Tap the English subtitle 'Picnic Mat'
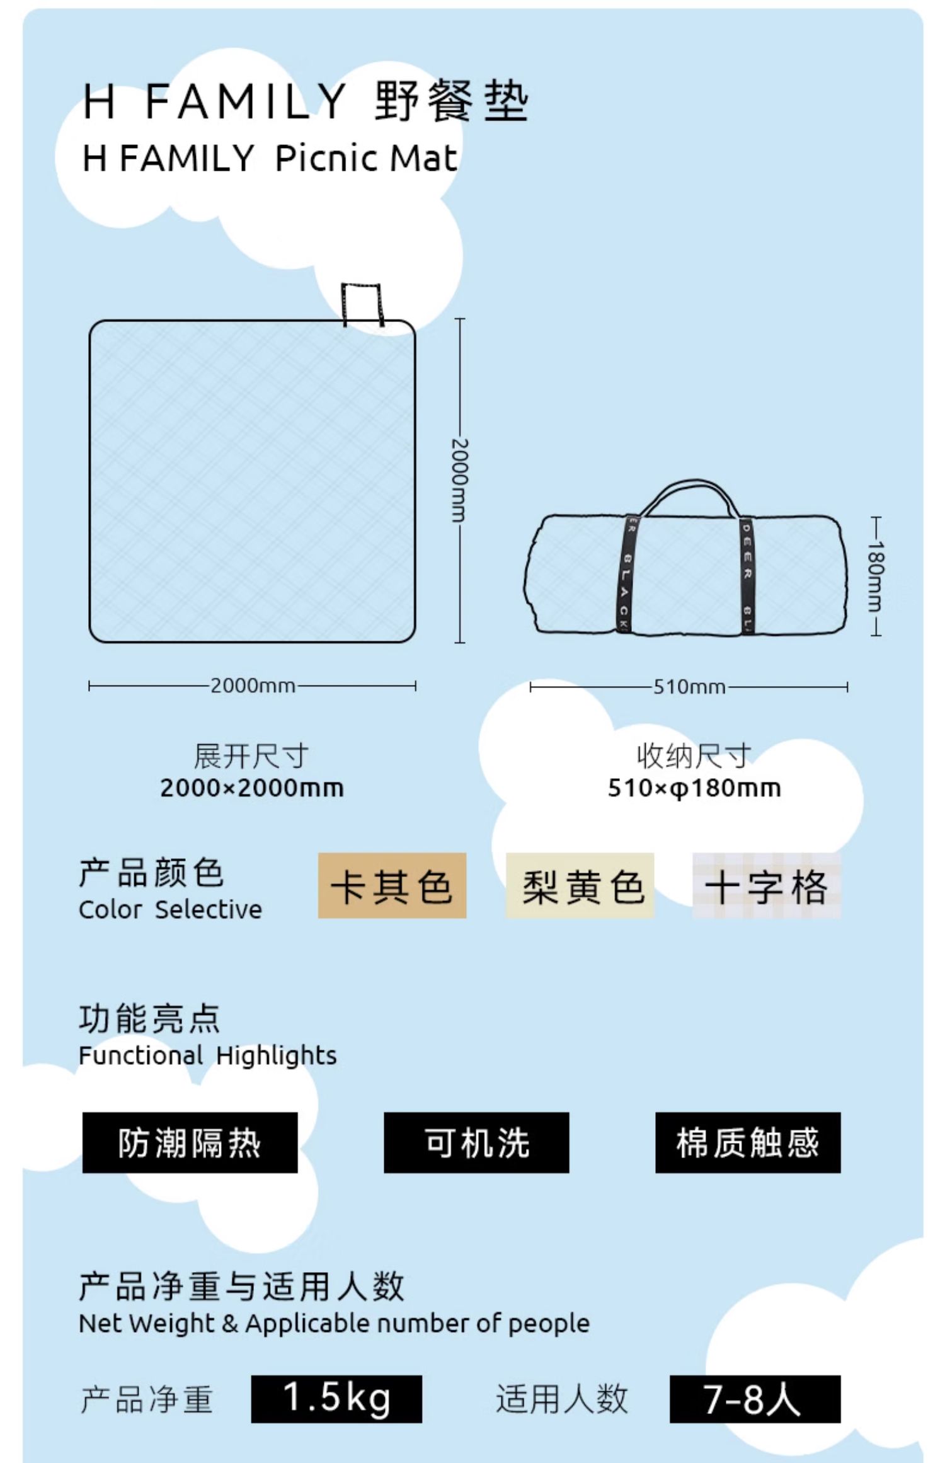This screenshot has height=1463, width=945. (366, 158)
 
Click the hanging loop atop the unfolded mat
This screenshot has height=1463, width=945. (362, 304)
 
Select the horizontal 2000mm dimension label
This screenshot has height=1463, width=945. (253, 686)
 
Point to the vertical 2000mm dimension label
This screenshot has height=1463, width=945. (460, 480)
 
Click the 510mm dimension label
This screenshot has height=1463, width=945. (689, 687)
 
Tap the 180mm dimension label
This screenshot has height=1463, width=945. (876, 576)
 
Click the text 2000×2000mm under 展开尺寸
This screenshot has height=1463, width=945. (252, 788)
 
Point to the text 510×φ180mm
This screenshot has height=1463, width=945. (694, 788)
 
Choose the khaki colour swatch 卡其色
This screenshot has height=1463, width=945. (392, 885)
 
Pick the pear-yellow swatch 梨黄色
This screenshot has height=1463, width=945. (580, 885)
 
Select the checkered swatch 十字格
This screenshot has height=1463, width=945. (766, 885)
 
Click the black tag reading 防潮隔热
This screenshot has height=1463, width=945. (190, 1142)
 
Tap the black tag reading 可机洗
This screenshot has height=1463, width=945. (476, 1142)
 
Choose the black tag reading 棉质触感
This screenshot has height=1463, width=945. (748, 1142)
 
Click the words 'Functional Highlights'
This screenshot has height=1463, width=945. (208, 1055)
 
